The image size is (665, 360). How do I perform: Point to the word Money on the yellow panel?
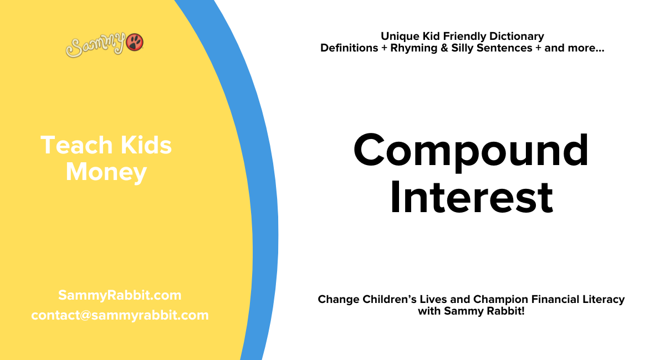(x=106, y=172)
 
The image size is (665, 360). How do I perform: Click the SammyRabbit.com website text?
(x=120, y=295)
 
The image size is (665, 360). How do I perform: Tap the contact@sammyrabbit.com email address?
(x=120, y=315)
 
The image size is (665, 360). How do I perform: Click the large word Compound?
(x=471, y=151)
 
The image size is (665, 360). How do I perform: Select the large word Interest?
(x=471, y=198)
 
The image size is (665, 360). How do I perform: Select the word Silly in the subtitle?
(x=464, y=48)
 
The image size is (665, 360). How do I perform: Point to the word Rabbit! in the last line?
(x=505, y=311)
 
